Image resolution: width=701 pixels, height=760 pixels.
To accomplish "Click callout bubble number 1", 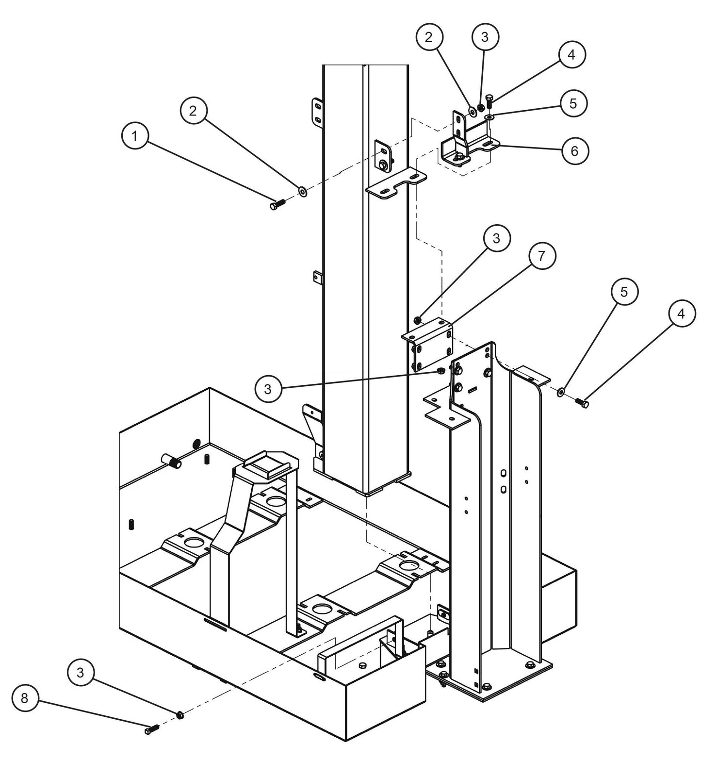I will tap(134, 137).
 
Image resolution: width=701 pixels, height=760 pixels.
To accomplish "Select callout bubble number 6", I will tap(574, 151).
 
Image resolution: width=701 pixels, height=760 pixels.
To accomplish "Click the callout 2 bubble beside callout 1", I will tap(194, 111).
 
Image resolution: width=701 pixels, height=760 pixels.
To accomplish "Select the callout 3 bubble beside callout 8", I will tap(81, 673).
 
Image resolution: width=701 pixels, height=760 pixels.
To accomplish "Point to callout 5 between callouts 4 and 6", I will tap(573, 104).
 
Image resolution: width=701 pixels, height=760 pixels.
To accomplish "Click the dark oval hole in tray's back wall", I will tap(196, 443).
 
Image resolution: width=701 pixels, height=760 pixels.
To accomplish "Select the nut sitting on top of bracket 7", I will tap(417, 319).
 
